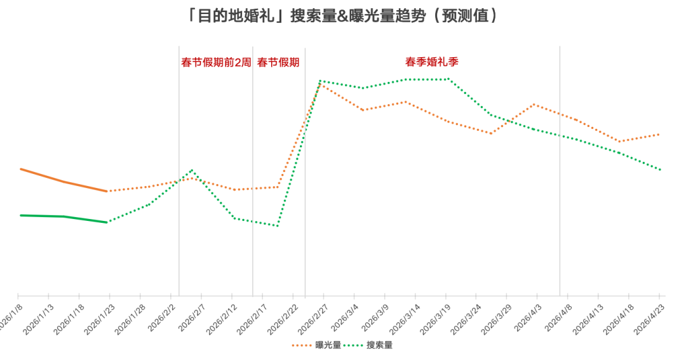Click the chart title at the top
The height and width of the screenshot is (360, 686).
(x=343, y=16)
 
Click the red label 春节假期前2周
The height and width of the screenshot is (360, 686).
(x=216, y=62)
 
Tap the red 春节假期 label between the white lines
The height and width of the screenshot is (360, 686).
(x=278, y=62)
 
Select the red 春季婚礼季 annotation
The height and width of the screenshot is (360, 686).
(x=432, y=62)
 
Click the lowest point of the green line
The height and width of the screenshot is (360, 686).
(x=278, y=225)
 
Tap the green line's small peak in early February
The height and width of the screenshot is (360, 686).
(x=192, y=170)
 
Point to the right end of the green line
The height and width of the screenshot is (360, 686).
(x=661, y=170)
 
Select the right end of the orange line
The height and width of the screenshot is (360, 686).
(x=658, y=135)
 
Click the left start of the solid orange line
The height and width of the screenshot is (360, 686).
(x=20, y=169)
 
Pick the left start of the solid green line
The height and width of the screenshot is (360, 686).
(x=20, y=215)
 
